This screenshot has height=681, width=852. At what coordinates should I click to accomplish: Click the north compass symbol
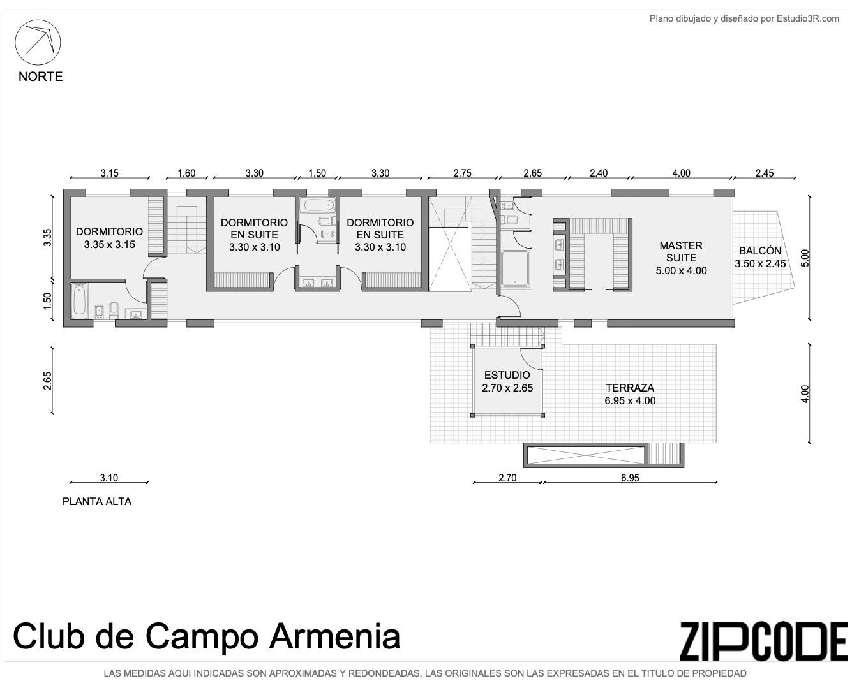38,42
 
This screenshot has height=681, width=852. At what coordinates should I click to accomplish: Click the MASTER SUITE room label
681,258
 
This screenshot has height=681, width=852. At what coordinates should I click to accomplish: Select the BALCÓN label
760,251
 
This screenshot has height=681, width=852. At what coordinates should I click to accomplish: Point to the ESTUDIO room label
507,375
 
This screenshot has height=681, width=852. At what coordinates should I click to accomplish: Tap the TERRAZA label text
630,388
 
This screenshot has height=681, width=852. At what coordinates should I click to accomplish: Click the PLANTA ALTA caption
97,501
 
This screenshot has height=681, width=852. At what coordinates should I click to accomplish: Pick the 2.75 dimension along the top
463,173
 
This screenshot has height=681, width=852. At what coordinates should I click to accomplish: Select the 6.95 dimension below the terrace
630,478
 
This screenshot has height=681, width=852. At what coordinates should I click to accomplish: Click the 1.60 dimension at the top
186,173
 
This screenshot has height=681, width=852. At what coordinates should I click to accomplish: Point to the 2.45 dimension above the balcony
765,173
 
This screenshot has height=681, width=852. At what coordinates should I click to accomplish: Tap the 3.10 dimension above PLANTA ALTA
109,478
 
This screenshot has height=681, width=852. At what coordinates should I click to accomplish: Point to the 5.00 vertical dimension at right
805,258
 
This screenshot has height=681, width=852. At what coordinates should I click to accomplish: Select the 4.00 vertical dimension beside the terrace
805,393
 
